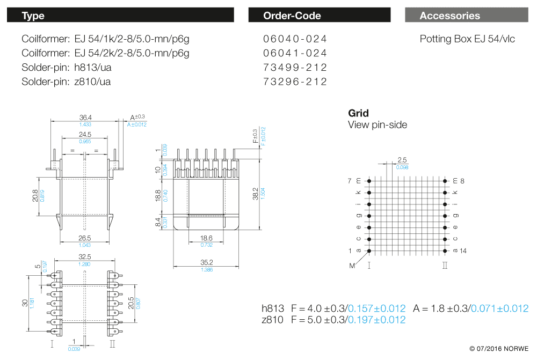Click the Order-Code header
click(x=292, y=16)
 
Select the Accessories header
click(x=449, y=16)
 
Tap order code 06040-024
click(x=295, y=39)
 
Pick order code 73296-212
click(x=295, y=82)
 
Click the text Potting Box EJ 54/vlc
click(x=467, y=39)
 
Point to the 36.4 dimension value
click(x=86, y=117)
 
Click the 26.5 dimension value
click(x=85, y=238)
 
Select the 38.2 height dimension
click(x=256, y=193)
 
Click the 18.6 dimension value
click(x=206, y=238)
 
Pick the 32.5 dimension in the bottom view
click(x=85, y=257)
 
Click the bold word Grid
click(x=358, y=113)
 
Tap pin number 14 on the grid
click(x=463, y=251)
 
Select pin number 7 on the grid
click(x=350, y=181)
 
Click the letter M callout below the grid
click(x=352, y=265)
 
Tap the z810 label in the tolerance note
click(x=272, y=320)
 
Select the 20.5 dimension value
click(x=131, y=303)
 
